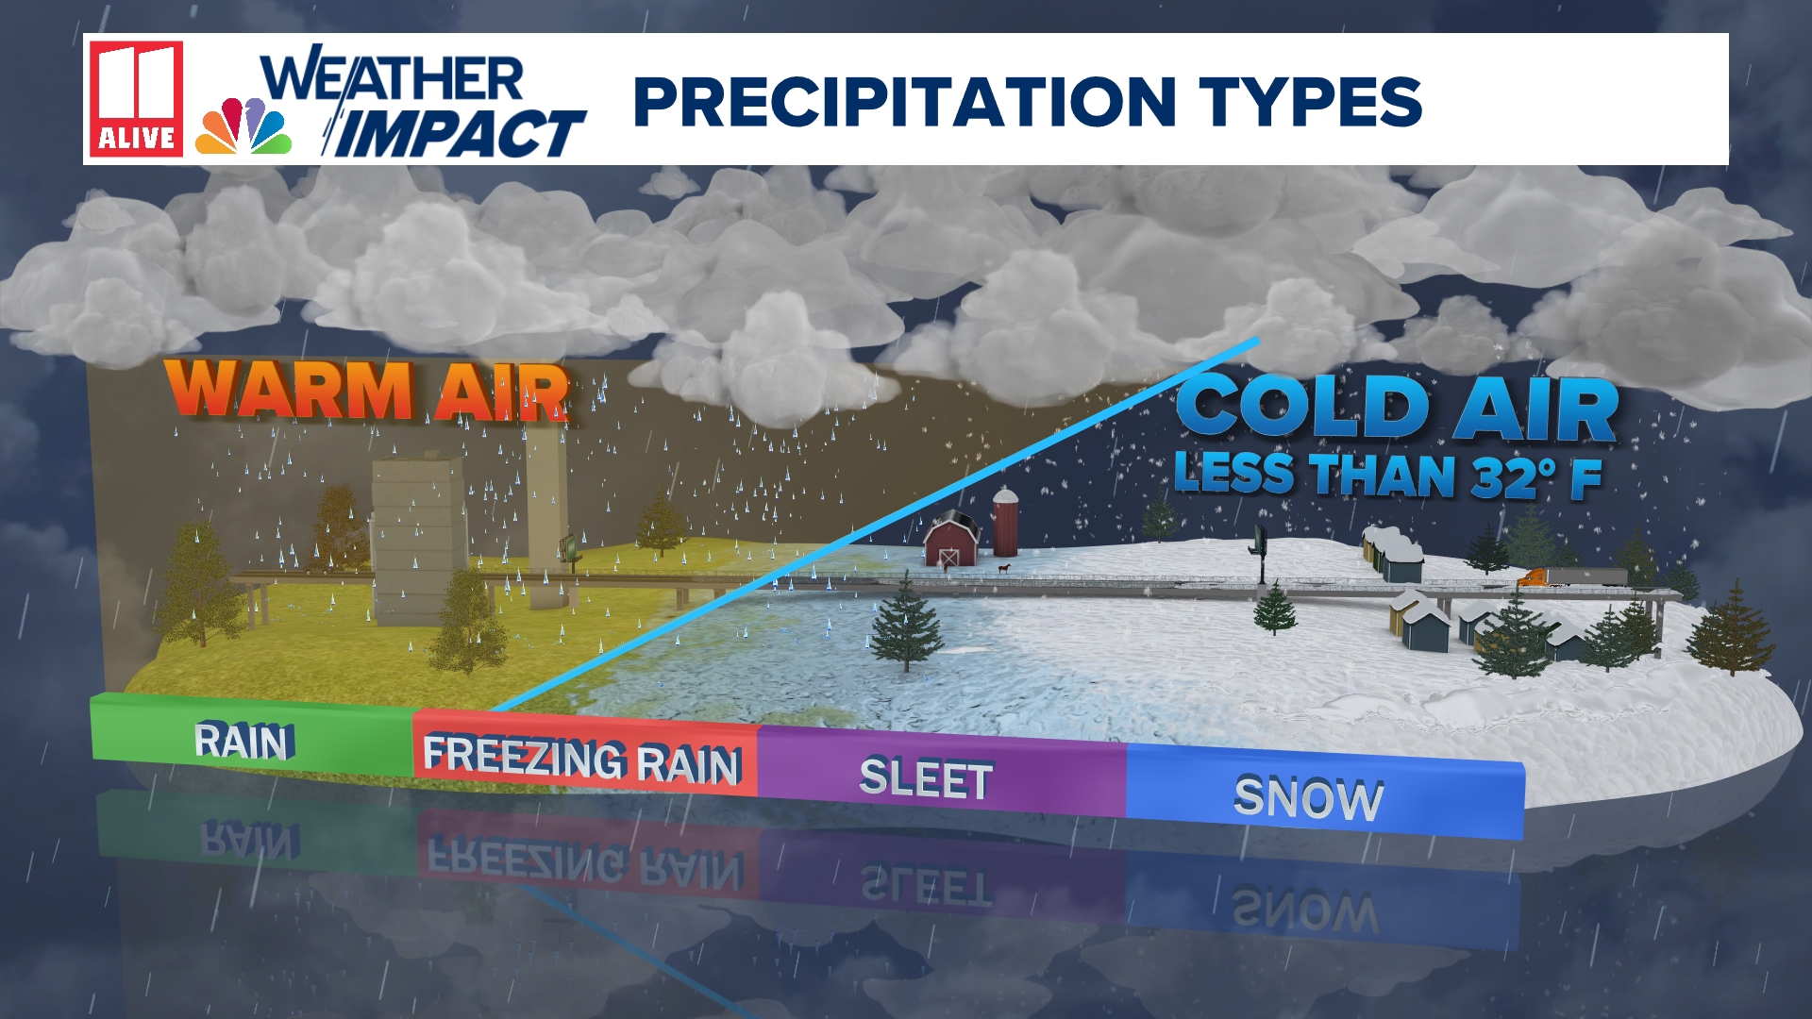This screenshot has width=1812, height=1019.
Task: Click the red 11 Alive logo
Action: pyautogui.click(x=136, y=98)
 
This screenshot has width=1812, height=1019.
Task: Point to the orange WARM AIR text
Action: pyautogui.click(x=367, y=391)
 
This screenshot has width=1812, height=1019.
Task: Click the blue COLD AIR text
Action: pyautogui.click(x=1397, y=408)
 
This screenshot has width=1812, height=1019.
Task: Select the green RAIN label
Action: pyautogui.click(x=244, y=742)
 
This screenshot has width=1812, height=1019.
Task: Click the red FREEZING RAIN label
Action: pyautogui.click(x=581, y=760)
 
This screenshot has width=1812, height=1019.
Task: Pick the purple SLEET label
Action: pyautogui.click(x=926, y=780)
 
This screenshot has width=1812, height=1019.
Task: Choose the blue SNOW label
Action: pyautogui.click(x=1309, y=799)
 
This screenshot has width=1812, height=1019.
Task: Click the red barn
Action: pyautogui.click(x=952, y=540)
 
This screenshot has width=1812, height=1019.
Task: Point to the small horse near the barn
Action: pyautogui.click(x=1004, y=569)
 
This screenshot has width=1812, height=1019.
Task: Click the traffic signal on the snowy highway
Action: pyautogui.click(x=1259, y=544)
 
